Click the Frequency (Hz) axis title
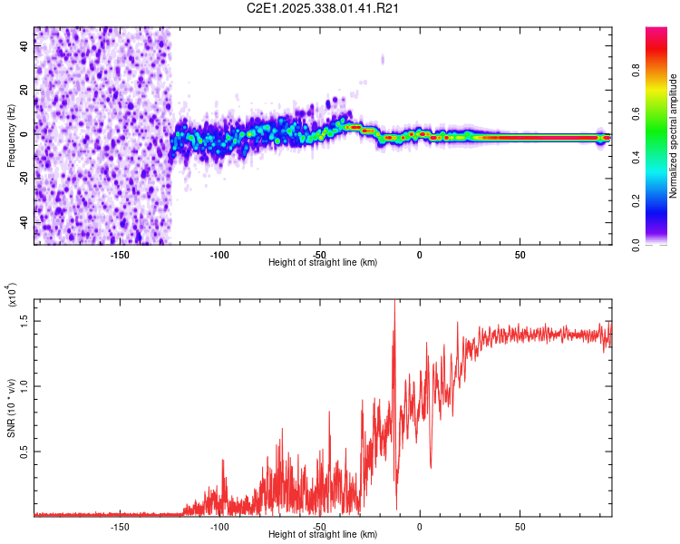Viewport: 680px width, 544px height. (x=11, y=136)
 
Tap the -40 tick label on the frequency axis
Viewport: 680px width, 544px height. (x=24, y=222)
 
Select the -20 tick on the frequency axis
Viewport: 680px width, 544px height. (x=24, y=178)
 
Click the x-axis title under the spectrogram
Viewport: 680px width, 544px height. (x=323, y=262)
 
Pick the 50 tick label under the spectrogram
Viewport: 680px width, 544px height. (x=520, y=255)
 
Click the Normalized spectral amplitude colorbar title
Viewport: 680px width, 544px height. (x=674, y=136)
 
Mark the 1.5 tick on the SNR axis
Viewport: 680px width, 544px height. (x=24, y=320)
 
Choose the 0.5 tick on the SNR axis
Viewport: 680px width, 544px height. (x=24, y=452)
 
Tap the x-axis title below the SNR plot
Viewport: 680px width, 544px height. (x=323, y=534)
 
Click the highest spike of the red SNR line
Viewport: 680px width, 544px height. (x=394, y=303)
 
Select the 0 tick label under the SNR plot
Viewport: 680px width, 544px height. (x=420, y=527)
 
